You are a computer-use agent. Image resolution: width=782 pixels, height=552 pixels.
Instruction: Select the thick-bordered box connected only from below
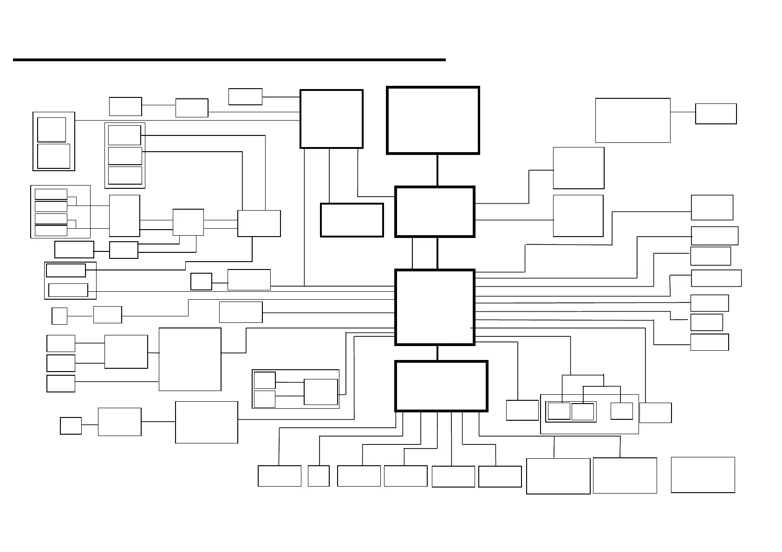pos(433,120)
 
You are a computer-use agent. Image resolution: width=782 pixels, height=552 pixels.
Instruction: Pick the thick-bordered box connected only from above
pos(352,220)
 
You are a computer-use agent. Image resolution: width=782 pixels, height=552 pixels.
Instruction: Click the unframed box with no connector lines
pos(703,475)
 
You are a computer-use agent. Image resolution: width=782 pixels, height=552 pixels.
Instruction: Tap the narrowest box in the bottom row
pos(319,476)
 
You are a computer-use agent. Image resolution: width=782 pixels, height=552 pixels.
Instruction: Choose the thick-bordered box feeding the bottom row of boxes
pos(441,386)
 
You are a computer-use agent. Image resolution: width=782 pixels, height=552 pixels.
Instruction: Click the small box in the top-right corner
pos(716,114)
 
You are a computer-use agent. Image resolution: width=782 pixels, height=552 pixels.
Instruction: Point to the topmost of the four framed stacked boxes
pos(51,194)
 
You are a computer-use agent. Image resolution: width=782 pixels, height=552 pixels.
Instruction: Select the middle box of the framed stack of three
pos(125,156)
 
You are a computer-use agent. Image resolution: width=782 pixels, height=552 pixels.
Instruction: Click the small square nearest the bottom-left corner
pos(71,426)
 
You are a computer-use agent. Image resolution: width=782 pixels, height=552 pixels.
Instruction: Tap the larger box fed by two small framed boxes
pos(320,392)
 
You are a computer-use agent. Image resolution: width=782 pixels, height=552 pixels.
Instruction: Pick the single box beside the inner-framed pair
pos(621,411)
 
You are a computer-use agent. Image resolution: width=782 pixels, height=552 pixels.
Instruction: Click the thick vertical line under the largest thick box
pos(437,170)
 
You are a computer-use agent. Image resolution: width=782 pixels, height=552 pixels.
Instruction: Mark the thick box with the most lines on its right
pos(435,307)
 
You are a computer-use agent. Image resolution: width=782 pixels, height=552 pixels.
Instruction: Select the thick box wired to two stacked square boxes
pos(435,212)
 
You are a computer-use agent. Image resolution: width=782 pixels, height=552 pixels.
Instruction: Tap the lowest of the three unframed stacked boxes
pos(61,384)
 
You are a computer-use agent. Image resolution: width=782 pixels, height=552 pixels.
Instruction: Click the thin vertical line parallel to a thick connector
pos(412,253)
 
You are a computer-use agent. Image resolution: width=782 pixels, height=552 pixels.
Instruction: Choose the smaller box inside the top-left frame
pos(52,129)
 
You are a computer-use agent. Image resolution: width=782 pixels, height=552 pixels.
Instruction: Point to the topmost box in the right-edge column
pos(712,207)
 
